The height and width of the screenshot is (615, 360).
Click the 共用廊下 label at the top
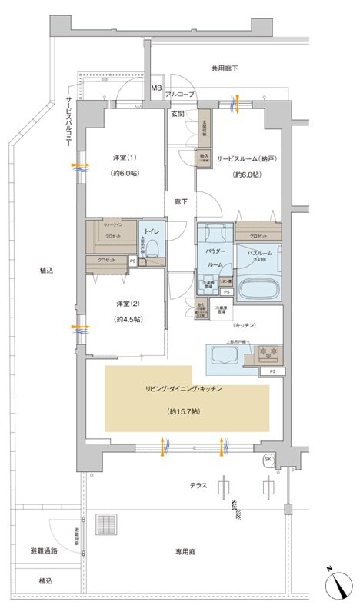[x=225, y=69]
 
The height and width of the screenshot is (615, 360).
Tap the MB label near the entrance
[x=156, y=90]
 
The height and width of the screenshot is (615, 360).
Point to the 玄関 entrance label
[x=177, y=114]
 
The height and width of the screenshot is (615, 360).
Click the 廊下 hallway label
[x=181, y=201]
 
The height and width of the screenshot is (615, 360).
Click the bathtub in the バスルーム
[x=258, y=290]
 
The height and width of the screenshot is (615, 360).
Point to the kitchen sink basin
[x=222, y=355]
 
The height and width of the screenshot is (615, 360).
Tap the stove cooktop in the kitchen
[x=268, y=354]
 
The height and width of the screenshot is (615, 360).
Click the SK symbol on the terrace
[x=267, y=459]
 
